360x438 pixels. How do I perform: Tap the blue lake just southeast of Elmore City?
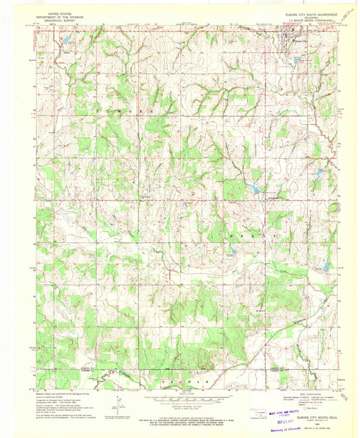coord(297,60)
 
